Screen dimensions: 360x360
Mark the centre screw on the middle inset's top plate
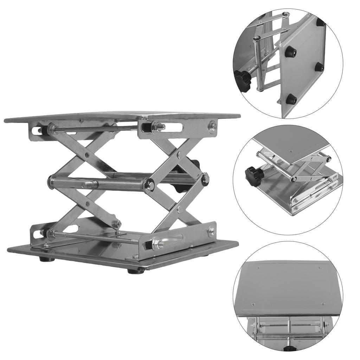291,151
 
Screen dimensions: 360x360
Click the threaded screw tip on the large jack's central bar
90,185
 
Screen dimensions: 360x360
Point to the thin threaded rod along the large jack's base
98,236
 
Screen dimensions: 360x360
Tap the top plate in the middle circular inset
292,144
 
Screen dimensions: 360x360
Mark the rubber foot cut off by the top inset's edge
320,22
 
